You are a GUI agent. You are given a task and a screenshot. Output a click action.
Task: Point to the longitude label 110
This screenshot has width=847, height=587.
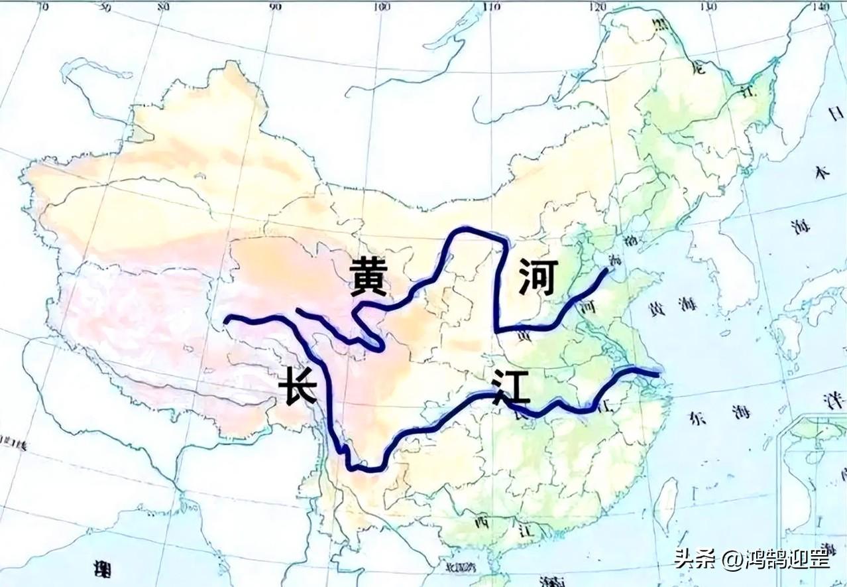coord(492,7)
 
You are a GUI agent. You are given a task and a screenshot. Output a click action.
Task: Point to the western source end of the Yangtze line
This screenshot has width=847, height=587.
coord(227,320)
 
